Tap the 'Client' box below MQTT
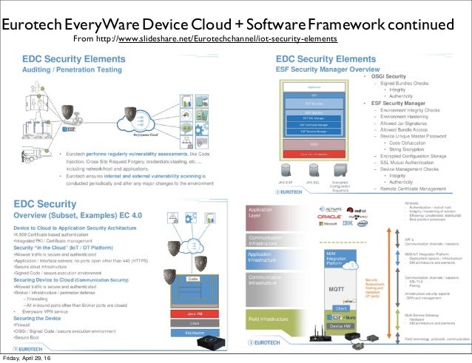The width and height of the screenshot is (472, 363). coord(341,308)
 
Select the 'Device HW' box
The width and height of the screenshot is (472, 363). coord(341,326)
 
